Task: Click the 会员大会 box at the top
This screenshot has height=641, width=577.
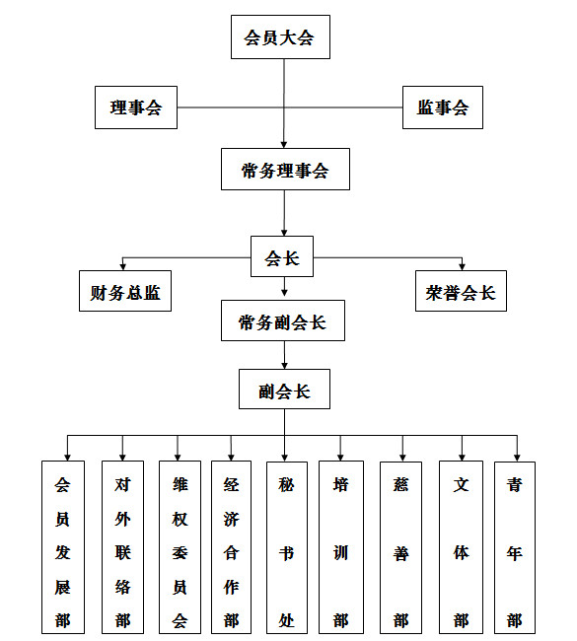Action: pyautogui.click(x=280, y=37)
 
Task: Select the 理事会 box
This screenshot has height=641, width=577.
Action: pyautogui.click(x=136, y=107)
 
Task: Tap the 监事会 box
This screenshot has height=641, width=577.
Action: pyautogui.click(x=443, y=107)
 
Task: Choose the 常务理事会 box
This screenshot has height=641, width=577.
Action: pyautogui.click(x=285, y=170)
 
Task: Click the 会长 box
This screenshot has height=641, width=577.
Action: pyautogui.click(x=282, y=256)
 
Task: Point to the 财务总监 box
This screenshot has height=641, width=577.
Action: pyautogui.click(x=125, y=291)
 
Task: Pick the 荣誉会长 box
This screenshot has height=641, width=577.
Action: pyautogui.click(x=461, y=291)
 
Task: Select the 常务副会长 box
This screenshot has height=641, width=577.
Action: pyautogui.click(x=283, y=320)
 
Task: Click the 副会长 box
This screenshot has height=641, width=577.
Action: pyautogui.click(x=285, y=390)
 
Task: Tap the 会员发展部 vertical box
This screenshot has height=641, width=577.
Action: pyautogui.click(x=63, y=547)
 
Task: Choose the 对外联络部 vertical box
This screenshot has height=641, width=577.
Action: pyautogui.click(x=122, y=547)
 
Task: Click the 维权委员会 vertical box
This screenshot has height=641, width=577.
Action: pyautogui.click(x=180, y=547)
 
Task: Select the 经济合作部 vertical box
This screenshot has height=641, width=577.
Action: pyautogui.click(x=231, y=547)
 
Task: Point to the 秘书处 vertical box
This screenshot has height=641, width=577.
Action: pyautogui.click(x=287, y=547)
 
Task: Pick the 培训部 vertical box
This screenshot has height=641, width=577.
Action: pyautogui.click(x=341, y=547)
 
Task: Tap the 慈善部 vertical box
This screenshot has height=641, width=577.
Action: pyautogui.click(x=400, y=547)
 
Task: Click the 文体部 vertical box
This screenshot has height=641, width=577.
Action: pyautogui.click(x=461, y=547)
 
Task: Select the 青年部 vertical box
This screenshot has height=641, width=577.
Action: pyautogui.click(x=515, y=547)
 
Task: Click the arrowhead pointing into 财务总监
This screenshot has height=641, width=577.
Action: pyautogui.click(x=122, y=267)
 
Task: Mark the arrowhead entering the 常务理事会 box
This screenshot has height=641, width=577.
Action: pyautogui.click(x=284, y=145)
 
